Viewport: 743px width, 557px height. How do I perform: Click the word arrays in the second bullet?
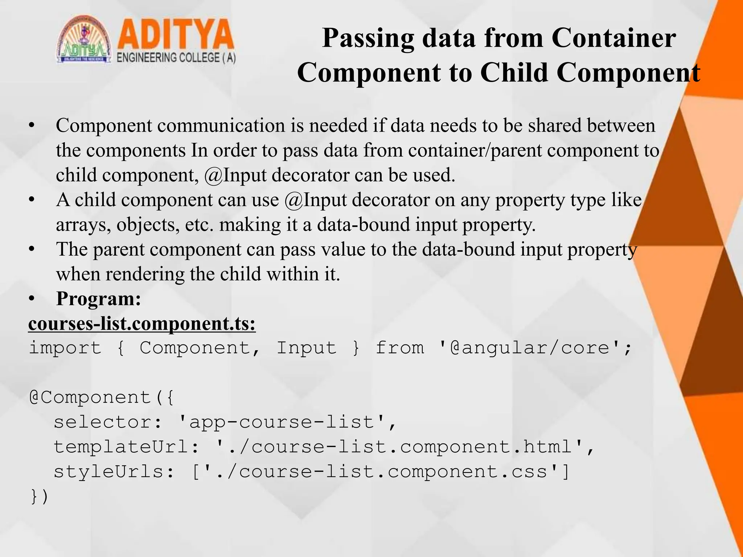click(83, 225)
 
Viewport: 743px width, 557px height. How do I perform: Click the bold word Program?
click(98, 299)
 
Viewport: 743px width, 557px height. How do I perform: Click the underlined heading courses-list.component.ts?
click(142, 324)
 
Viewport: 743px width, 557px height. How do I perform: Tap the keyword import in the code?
click(65, 348)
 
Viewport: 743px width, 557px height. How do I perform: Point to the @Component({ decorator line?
click(102, 398)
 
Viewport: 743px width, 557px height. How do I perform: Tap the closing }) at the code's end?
click(39, 497)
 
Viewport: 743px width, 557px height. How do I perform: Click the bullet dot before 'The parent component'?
click(32, 250)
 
